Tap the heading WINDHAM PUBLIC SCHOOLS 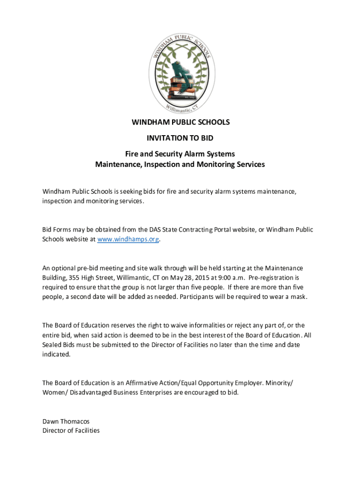coord(180,123)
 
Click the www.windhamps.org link coord(128,239)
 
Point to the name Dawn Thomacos coord(66,421)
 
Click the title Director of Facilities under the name coord(71,430)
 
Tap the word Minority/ coord(280,383)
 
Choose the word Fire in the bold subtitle coord(131,153)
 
